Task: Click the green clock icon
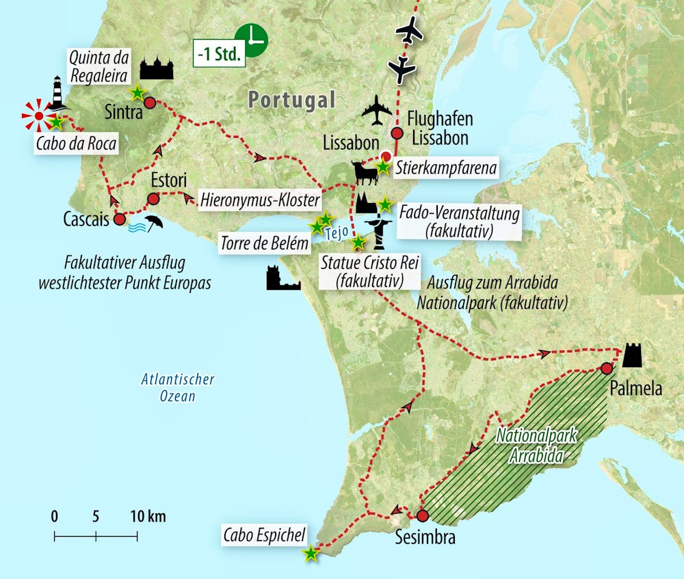coord(250,40)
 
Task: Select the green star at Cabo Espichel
coord(311,553)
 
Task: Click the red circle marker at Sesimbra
coord(421,516)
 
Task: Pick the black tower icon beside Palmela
coord(632,355)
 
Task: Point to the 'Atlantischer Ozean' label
coord(177,388)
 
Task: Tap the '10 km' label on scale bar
coord(148,516)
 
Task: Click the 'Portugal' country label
coord(291,100)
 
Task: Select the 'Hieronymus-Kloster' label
coord(260,200)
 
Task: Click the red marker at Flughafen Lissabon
coord(396,133)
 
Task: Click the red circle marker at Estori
coord(153,199)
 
